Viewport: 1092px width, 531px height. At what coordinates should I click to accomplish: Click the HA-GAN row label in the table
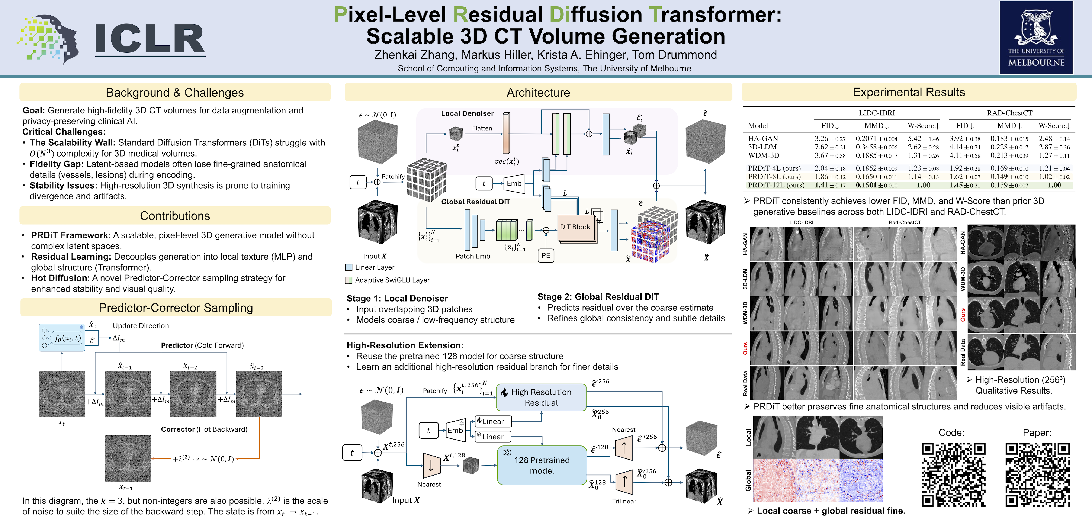[763, 139]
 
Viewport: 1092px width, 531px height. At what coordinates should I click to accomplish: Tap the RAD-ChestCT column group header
[1009, 113]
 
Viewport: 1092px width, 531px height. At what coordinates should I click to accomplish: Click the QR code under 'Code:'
[953, 475]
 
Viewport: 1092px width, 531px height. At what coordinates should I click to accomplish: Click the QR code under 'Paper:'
[1037, 475]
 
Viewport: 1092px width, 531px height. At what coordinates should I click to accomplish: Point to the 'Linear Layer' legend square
[349, 267]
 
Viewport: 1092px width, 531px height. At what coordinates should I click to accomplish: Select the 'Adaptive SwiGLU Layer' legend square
[349, 280]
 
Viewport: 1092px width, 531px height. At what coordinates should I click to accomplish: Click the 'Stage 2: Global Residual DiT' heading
[598, 297]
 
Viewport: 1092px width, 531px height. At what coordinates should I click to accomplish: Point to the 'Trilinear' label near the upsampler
[624, 501]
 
